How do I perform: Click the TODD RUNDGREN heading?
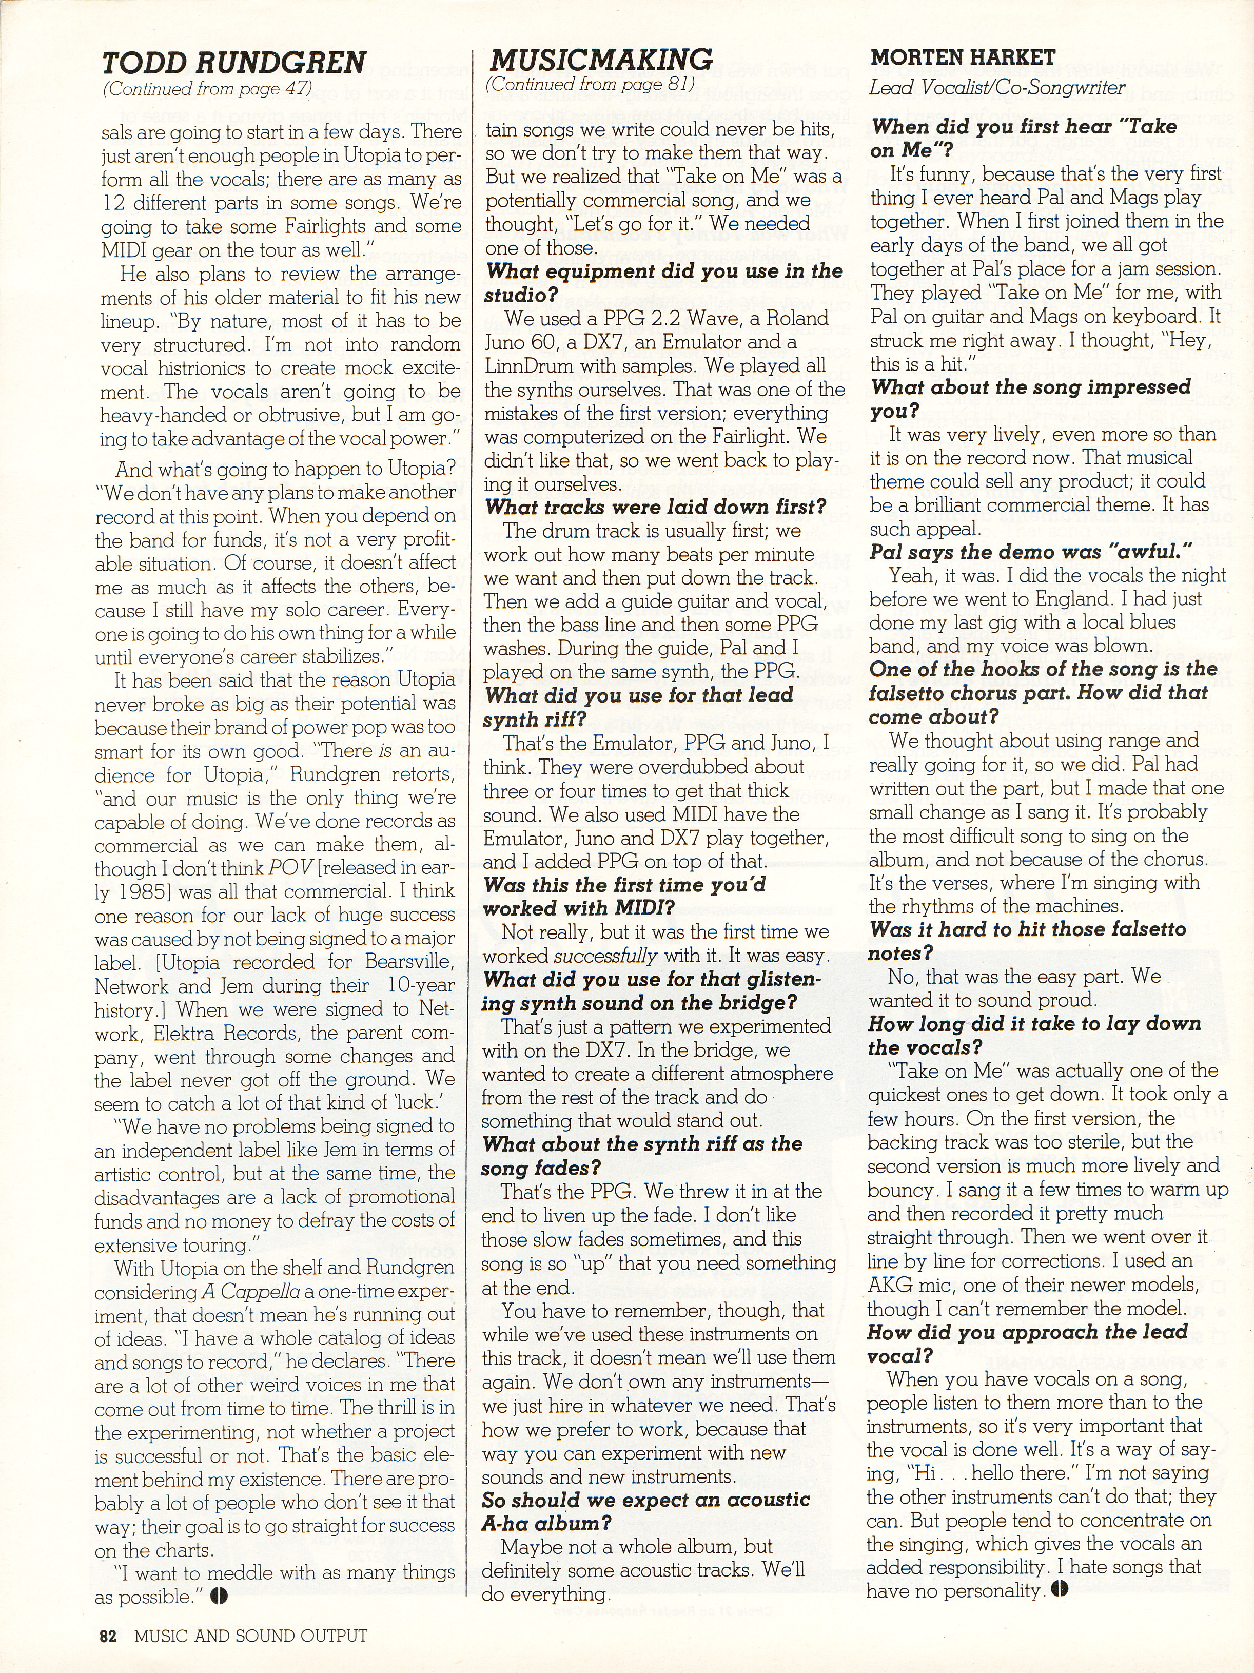click(x=234, y=62)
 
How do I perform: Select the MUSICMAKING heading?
click(x=601, y=59)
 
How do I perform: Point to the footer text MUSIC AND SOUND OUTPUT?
click(x=251, y=1636)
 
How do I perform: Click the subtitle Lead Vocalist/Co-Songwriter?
click(x=997, y=88)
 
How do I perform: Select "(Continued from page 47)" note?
click(x=207, y=88)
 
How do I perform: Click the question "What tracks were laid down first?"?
click(x=655, y=507)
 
